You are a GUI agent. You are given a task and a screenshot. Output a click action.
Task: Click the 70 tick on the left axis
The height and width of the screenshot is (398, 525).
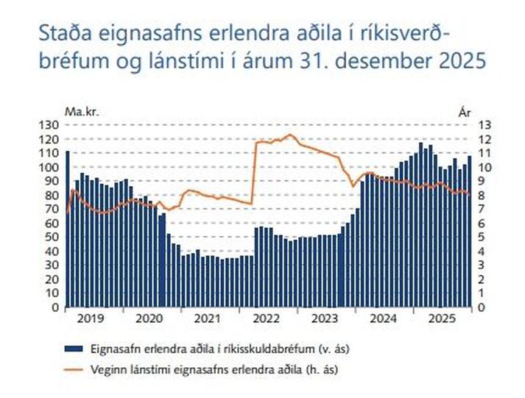pos(50,209)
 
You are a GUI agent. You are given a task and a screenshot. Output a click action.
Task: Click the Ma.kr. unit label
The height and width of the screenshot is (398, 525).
pos(81,112)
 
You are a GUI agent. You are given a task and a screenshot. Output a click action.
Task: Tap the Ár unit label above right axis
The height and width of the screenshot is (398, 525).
pos(464,112)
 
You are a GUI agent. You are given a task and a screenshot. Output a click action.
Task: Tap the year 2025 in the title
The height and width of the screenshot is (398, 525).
pos(462,61)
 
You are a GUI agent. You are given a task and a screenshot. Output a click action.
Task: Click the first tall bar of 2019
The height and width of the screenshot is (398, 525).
pos(68,229)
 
